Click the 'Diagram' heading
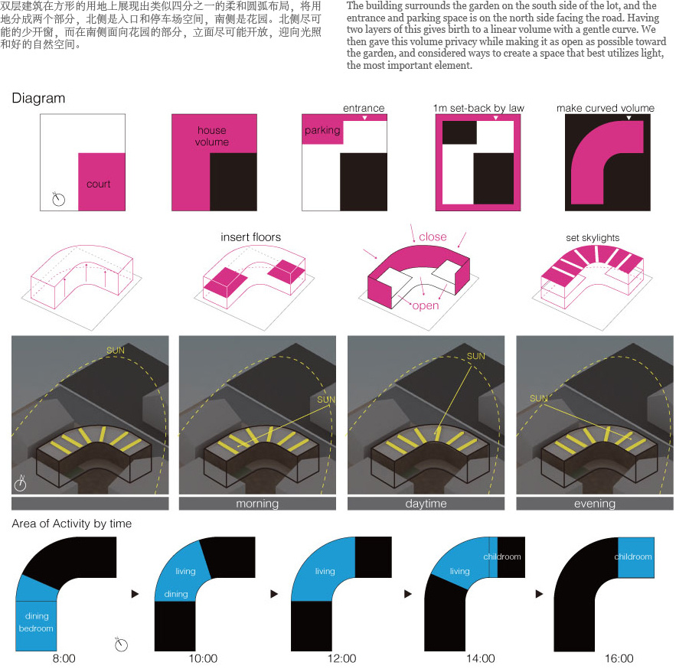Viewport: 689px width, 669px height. [x=39, y=99]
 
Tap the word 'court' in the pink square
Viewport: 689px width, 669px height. [x=99, y=184]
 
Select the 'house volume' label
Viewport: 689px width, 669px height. [x=212, y=136]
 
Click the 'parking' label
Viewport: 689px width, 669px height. [x=322, y=130]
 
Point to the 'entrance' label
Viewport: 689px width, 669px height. [x=364, y=108]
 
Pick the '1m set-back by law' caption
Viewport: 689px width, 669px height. [x=478, y=108]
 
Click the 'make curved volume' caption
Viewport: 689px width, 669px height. [x=606, y=108]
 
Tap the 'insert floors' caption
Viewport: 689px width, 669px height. [x=250, y=237]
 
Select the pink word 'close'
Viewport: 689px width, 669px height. [x=433, y=237]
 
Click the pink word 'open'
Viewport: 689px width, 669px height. [x=426, y=305]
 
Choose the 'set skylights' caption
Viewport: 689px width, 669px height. [x=593, y=237]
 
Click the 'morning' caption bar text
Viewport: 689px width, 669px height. [x=257, y=504]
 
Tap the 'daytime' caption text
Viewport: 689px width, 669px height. [x=426, y=504]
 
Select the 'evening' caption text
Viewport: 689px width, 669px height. [x=595, y=504]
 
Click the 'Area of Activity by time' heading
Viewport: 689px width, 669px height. [x=72, y=524]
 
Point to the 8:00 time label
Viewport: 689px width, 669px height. [x=64, y=658]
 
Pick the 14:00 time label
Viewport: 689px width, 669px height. [x=480, y=658]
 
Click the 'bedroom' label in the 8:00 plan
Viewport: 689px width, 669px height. [x=36, y=628]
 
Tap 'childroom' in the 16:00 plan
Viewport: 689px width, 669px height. [x=633, y=556]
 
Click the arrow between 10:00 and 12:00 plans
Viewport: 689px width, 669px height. [x=274, y=594]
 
